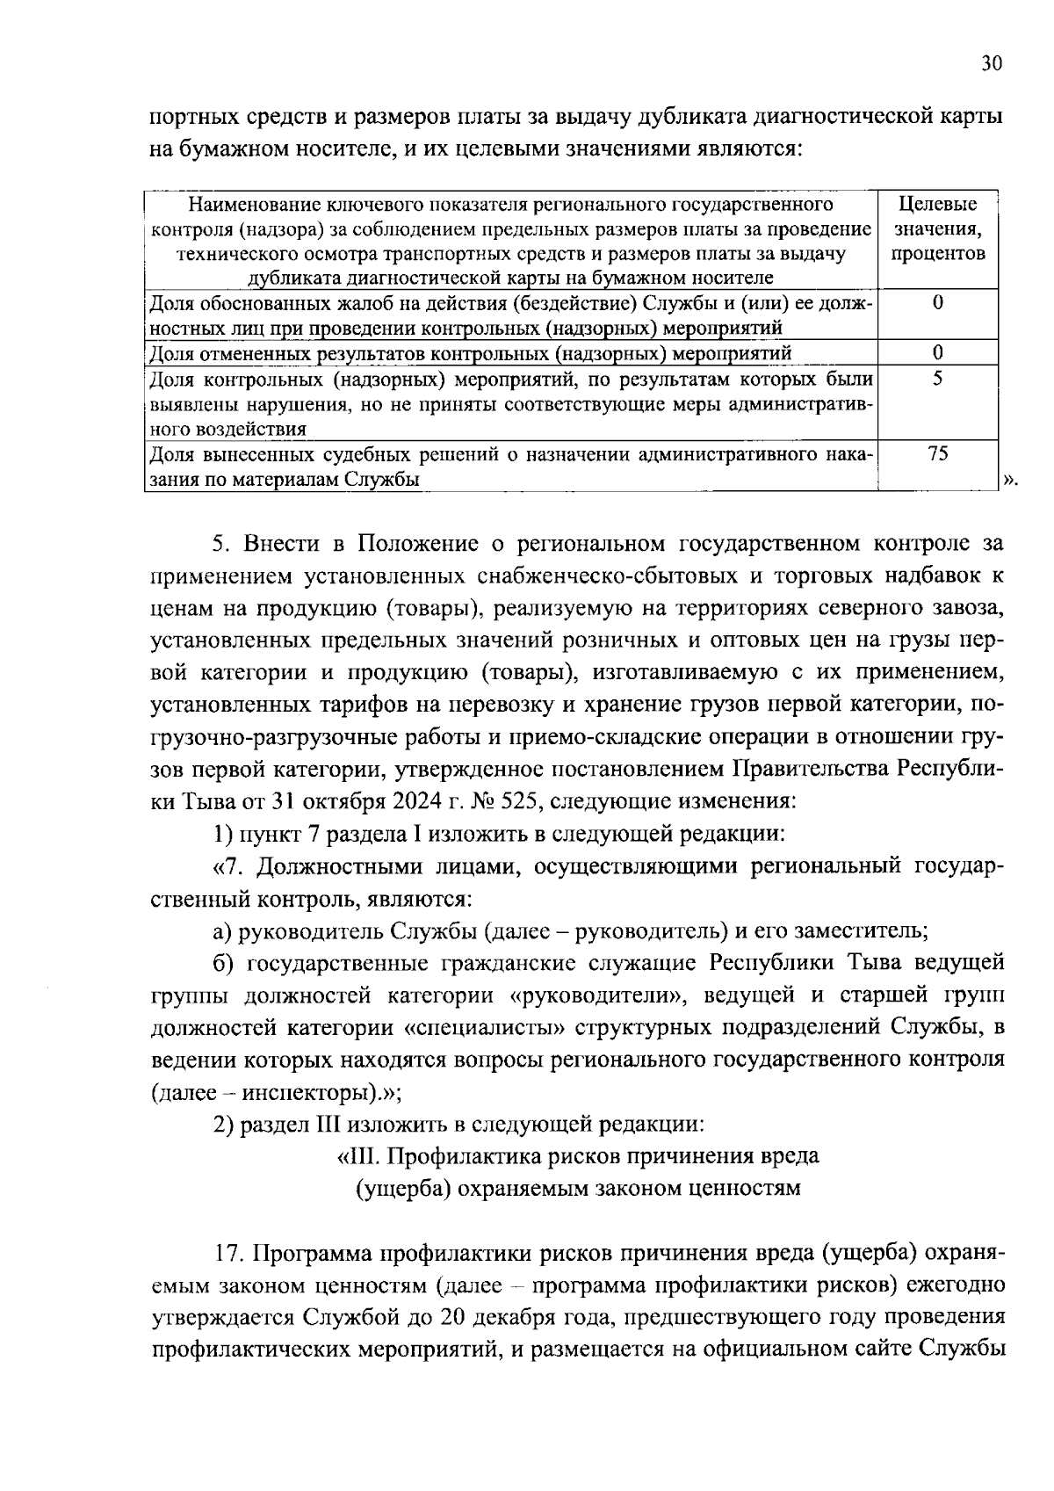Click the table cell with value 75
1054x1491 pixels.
(x=938, y=454)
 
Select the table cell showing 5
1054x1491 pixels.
(x=938, y=380)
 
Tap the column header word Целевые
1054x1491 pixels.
(x=938, y=205)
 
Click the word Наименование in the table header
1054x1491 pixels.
(x=256, y=205)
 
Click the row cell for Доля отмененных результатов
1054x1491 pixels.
(x=470, y=353)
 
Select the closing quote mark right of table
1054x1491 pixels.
(x=1009, y=480)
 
